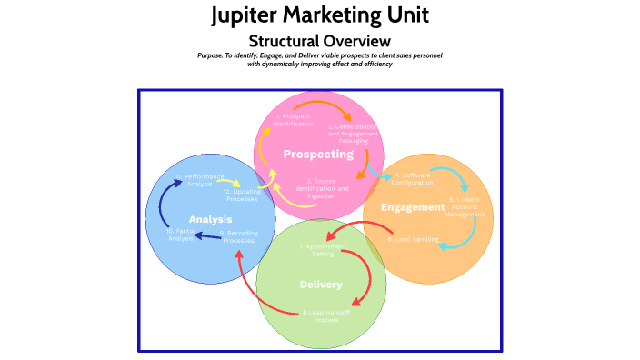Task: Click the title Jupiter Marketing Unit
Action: [320, 15]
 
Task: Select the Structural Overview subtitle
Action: [320, 41]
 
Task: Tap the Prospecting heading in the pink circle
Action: [318, 154]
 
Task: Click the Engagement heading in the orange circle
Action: [413, 207]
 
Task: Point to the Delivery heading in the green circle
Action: [321, 285]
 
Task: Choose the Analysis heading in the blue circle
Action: [210, 219]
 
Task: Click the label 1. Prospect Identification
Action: [293, 120]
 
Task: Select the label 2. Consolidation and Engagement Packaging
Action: [354, 134]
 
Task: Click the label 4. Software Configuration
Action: [418, 178]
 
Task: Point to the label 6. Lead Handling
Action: [414, 240]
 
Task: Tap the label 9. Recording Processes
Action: [238, 237]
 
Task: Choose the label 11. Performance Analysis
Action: [199, 179]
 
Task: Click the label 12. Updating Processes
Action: [240, 195]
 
